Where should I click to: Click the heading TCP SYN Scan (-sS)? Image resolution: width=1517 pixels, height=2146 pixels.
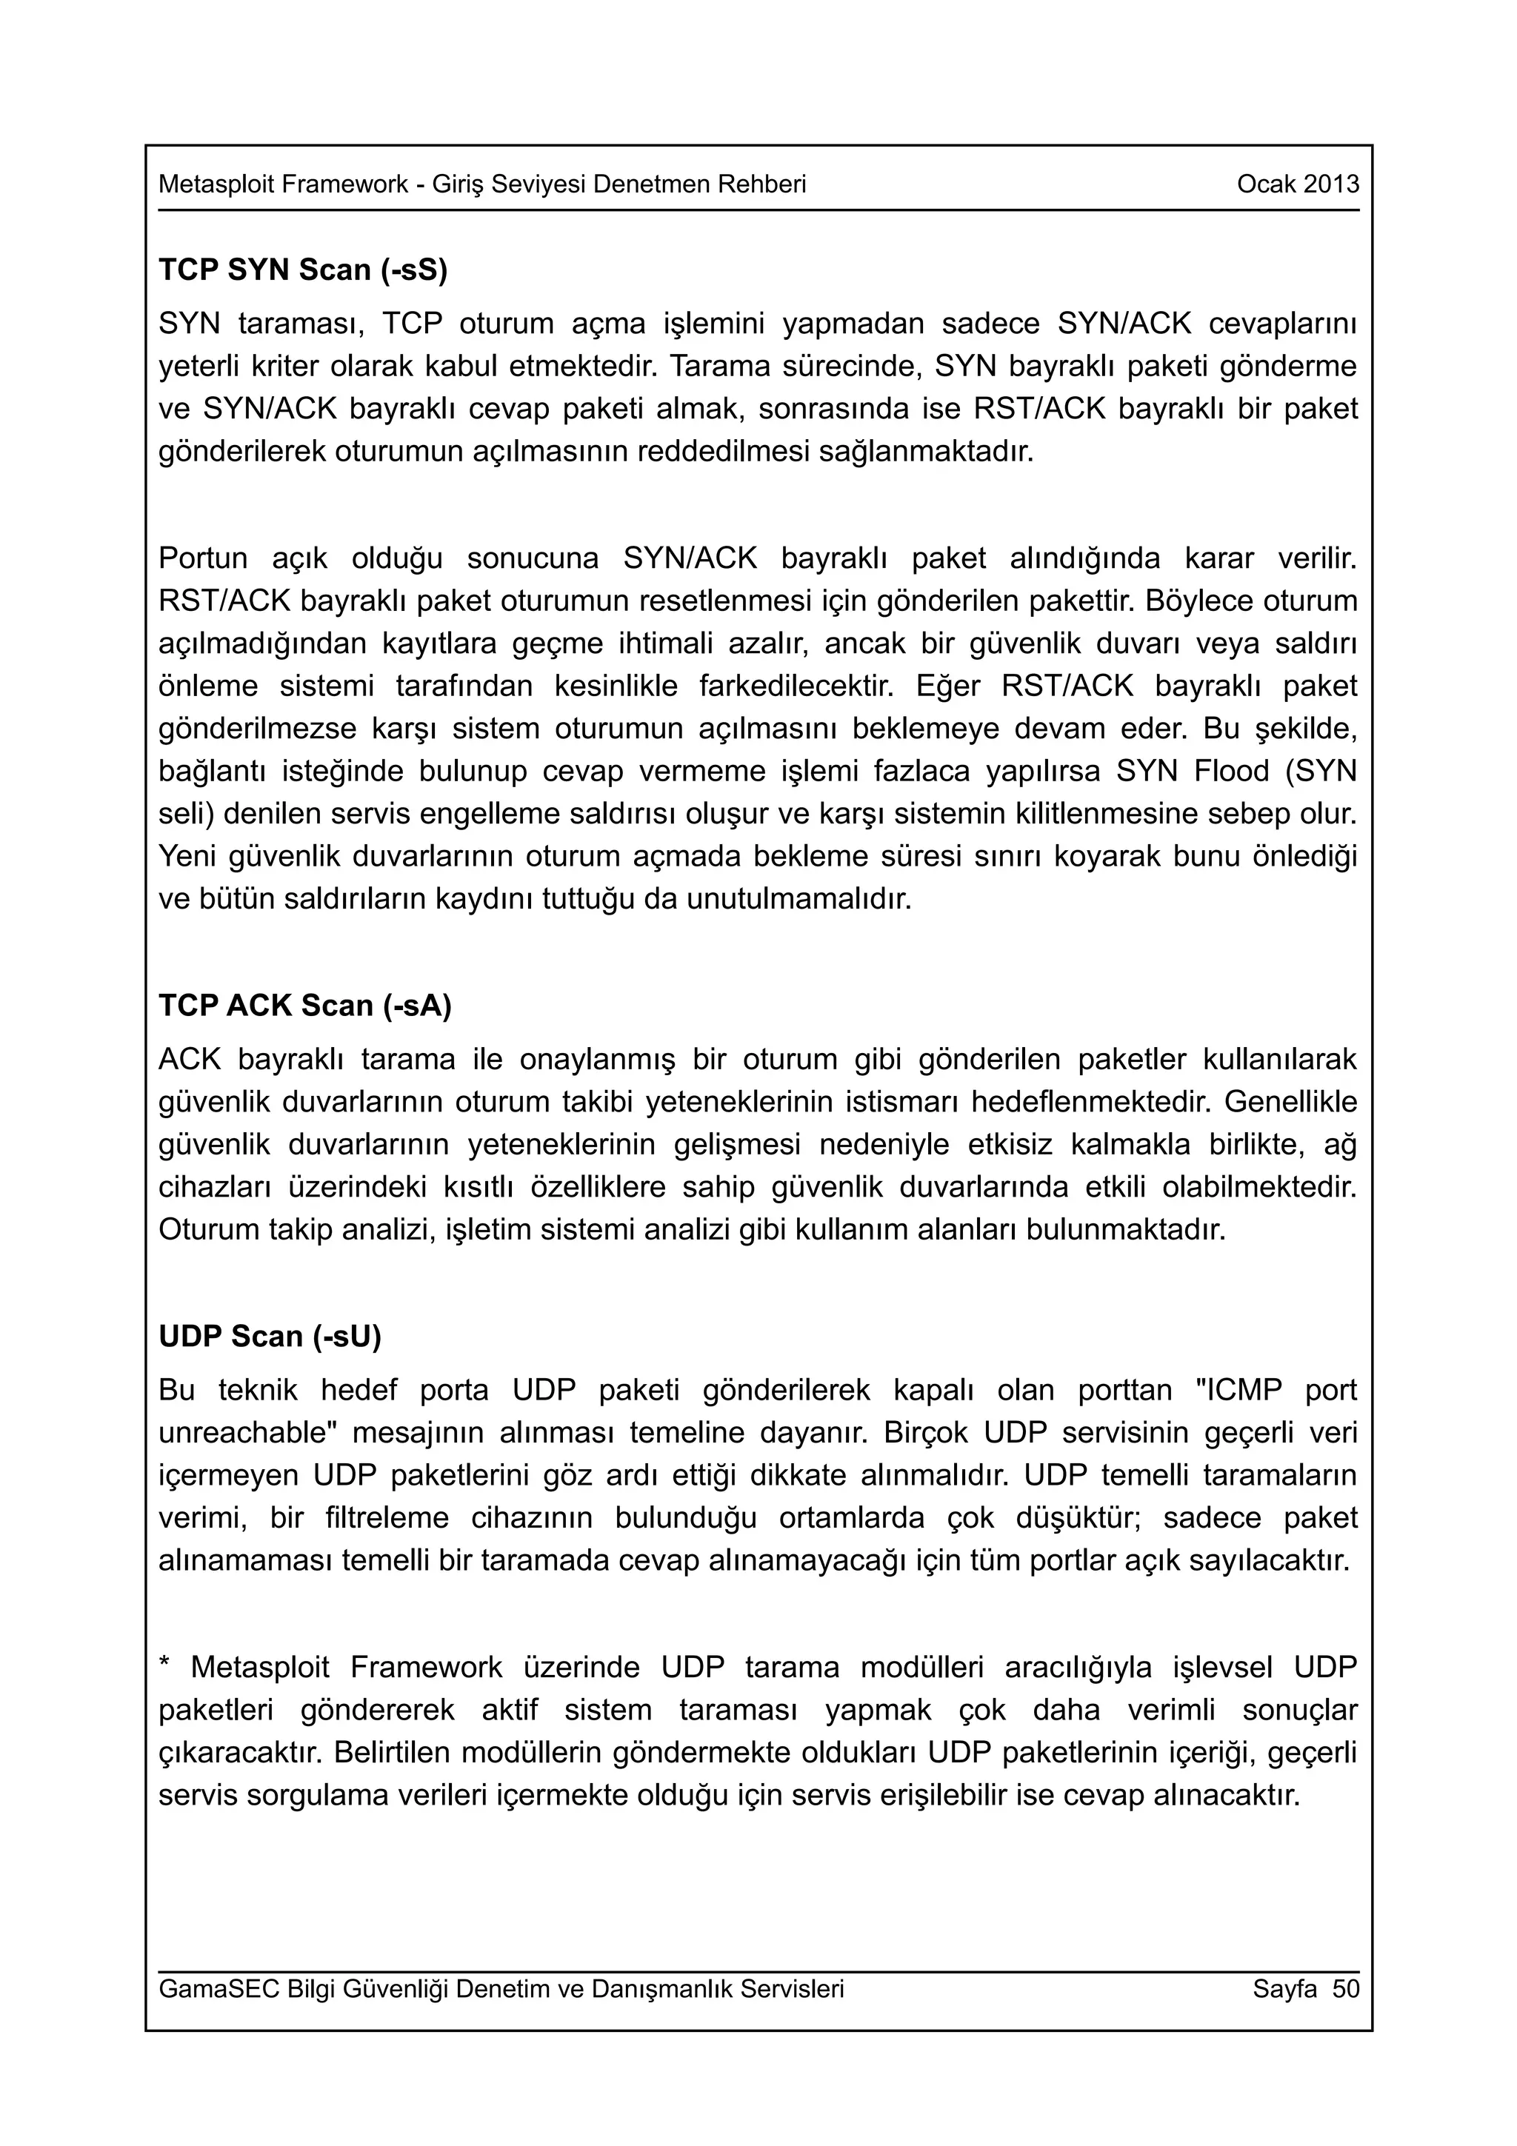click(x=303, y=270)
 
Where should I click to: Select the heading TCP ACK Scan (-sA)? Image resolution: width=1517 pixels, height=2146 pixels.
click(x=304, y=1005)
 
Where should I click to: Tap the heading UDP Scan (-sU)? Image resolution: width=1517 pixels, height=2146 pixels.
click(x=270, y=1336)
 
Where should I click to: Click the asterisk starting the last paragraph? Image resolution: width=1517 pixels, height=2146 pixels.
click(x=164, y=1664)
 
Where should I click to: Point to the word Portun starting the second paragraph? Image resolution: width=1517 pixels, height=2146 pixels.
click(x=203, y=558)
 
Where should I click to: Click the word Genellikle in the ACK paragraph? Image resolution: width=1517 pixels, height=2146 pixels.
click(x=1290, y=1102)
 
